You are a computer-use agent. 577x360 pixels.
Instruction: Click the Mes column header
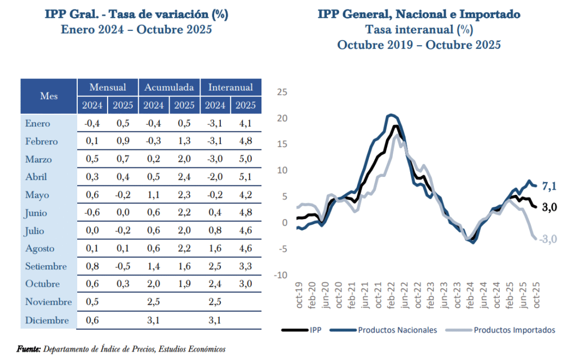(49, 96)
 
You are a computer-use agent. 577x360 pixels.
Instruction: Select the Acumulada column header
(169, 87)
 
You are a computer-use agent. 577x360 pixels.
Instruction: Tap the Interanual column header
(230, 87)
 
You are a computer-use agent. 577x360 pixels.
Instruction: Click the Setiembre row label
(46, 266)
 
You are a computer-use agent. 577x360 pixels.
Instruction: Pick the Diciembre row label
(47, 320)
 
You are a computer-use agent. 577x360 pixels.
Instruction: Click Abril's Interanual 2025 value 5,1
(245, 176)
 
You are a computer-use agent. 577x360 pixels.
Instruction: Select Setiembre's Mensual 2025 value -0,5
(122, 266)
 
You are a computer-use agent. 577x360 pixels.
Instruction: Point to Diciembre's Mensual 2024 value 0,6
(92, 320)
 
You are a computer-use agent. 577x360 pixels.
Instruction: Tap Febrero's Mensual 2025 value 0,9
(122, 141)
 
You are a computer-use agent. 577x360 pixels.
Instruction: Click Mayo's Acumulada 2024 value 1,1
(153, 195)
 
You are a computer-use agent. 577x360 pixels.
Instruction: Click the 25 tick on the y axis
(282, 92)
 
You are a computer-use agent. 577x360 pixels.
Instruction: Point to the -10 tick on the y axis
(280, 275)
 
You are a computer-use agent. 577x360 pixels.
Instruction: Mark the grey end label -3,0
(548, 239)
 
